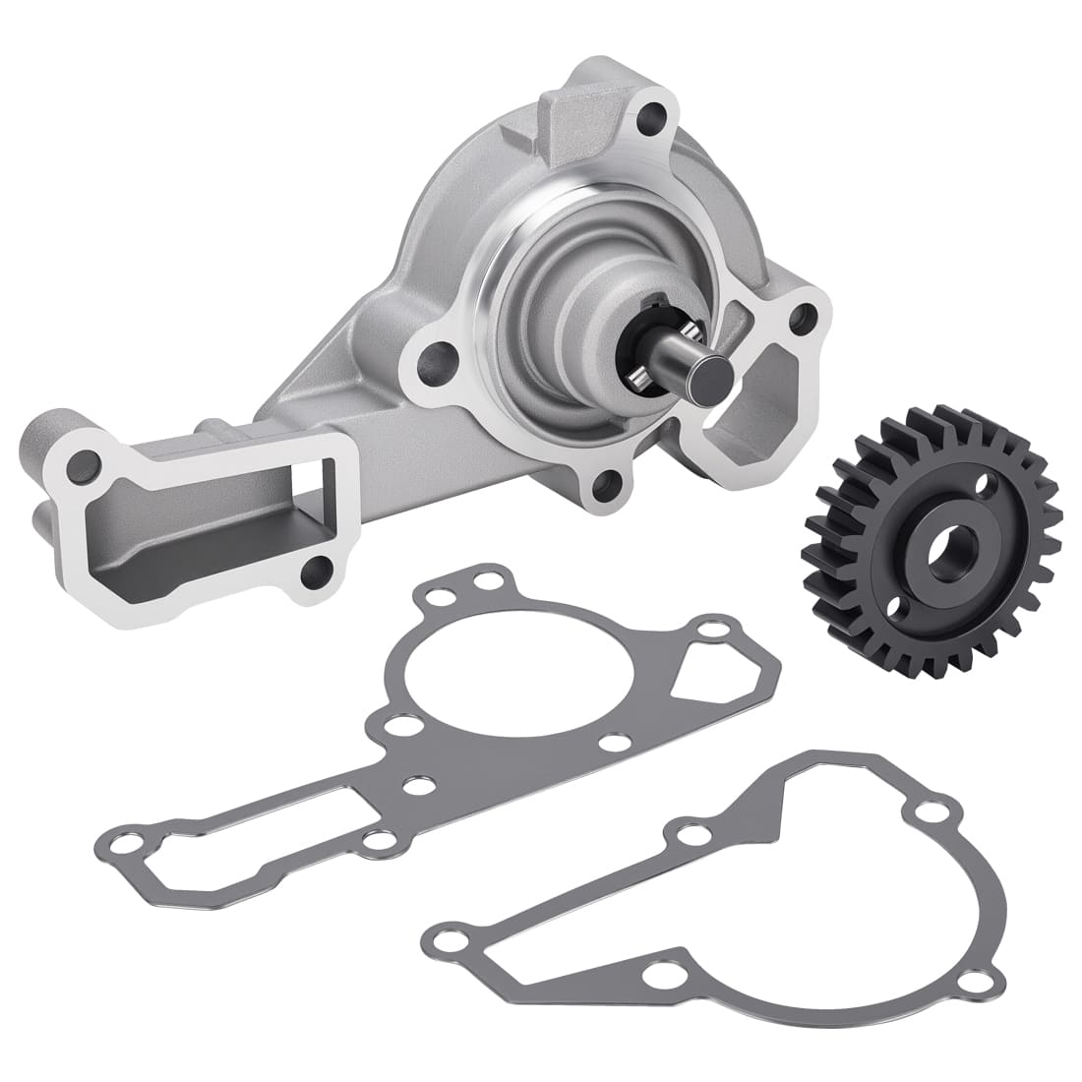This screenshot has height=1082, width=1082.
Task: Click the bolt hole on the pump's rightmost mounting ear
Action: (x=805, y=317)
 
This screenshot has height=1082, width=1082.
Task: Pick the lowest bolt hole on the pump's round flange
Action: (x=609, y=481)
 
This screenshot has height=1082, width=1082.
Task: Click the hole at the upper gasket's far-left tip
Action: (x=120, y=843)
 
